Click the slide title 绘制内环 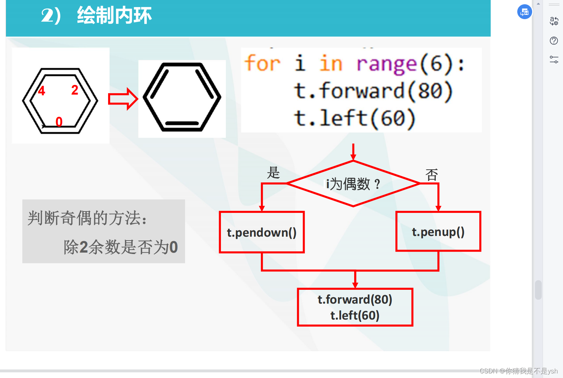click(114, 16)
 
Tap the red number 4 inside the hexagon click(42, 91)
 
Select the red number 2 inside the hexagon click(74, 90)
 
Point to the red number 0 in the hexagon click(59, 122)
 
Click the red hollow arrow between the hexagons click(123, 99)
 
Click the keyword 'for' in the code click(262, 64)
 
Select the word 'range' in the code click(386, 64)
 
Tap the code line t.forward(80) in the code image click(373, 91)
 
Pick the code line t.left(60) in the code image click(355, 118)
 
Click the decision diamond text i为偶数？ click(353, 184)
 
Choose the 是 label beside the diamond click(273, 173)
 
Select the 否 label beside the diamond click(431, 175)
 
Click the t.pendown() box click(262, 232)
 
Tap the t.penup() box click(438, 232)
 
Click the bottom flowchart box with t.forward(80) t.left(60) click(355, 307)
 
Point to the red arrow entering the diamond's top click(353, 152)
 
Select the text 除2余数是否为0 click(121, 247)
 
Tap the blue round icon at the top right click(524, 12)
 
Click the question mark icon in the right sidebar click(554, 41)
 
